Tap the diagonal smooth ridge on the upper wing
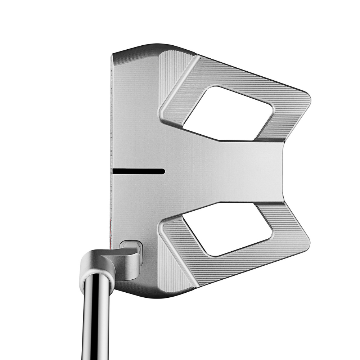tap(180, 90)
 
